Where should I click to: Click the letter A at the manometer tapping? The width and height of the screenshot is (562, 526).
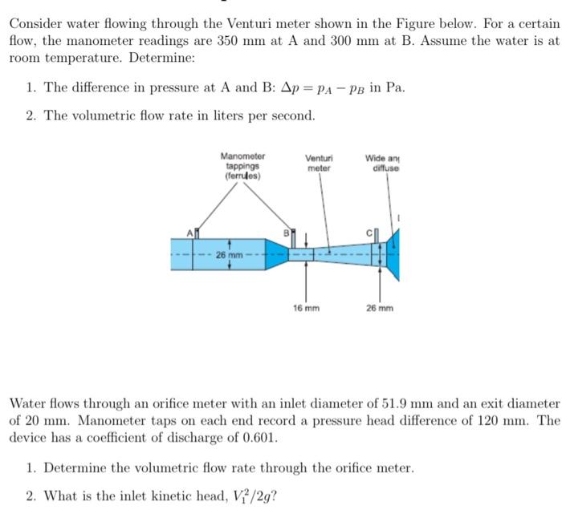pos(190,232)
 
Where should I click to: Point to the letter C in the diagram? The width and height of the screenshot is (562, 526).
pos(371,232)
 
